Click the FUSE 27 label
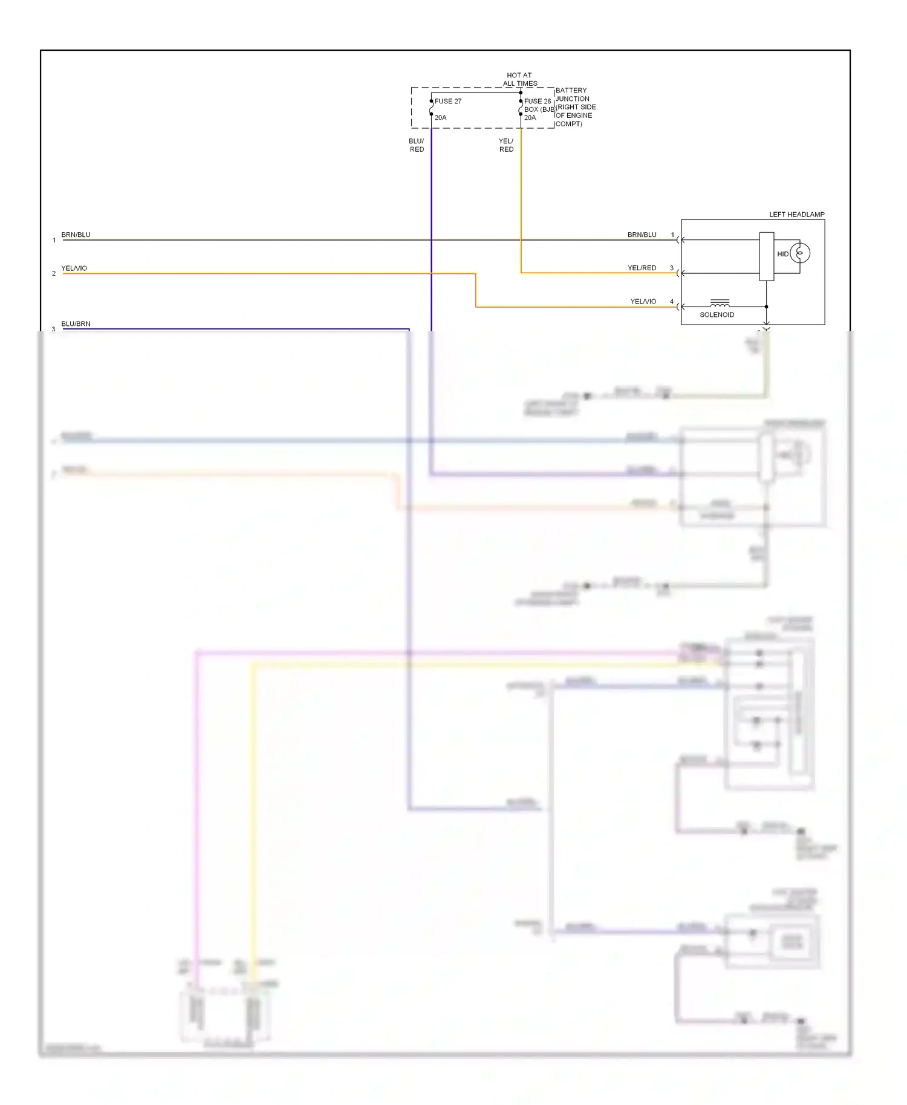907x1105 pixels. click(x=447, y=101)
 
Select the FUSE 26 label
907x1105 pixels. click(x=538, y=101)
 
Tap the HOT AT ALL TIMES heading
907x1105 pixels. click(x=519, y=79)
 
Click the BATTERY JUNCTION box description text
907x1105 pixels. click(x=575, y=107)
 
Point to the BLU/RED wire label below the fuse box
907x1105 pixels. click(x=417, y=145)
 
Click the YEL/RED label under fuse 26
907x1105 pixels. click(x=506, y=145)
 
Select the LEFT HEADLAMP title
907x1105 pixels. click(x=796, y=215)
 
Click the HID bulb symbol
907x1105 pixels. click(x=799, y=253)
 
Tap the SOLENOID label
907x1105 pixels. click(x=717, y=315)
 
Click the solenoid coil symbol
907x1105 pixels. click(x=720, y=303)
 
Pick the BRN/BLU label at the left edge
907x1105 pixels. click(x=76, y=235)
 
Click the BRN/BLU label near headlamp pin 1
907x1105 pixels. click(x=642, y=235)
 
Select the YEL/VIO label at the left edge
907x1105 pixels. click(x=74, y=268)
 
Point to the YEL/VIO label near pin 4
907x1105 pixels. click(x=643, y=301)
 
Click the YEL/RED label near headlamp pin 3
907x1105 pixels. click(x=642, y=268)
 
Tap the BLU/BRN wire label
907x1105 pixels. click(x=76, y=323)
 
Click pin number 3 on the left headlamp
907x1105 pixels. click(x=671, y=268)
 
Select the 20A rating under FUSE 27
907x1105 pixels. click(x=440, y=117)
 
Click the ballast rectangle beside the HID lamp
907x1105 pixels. click(x=766, y=256)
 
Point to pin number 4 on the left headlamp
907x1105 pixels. click(x=671, y=301)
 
